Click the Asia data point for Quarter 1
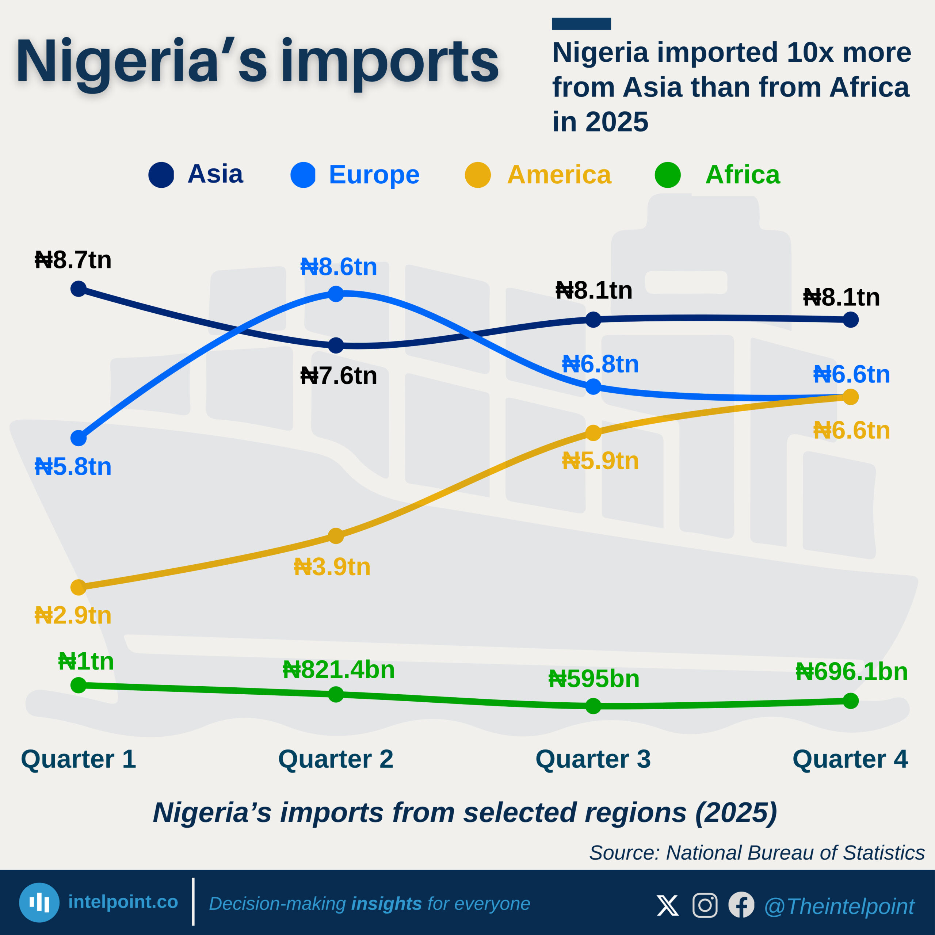(x=79, y=289)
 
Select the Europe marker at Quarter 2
(x=336, y=294)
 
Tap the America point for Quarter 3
(x=594, y=433)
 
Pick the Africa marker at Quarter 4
(x=851, y=701)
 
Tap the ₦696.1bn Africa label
(x=851, y=672)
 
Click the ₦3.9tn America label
(x=332, y=567)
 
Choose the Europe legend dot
(x=303, y=175)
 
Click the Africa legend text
(x=743, y=175)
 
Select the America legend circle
(x=478, y=175)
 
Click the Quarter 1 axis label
(x=79, y=759)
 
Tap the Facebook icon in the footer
(x=741, y=905)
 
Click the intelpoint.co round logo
(x=39, y=902)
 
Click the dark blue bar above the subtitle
(x=581, y=24)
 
